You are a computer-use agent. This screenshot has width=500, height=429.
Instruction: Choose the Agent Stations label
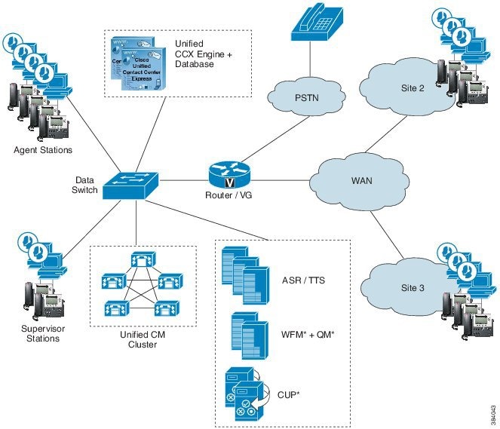[x=44, y=150]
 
